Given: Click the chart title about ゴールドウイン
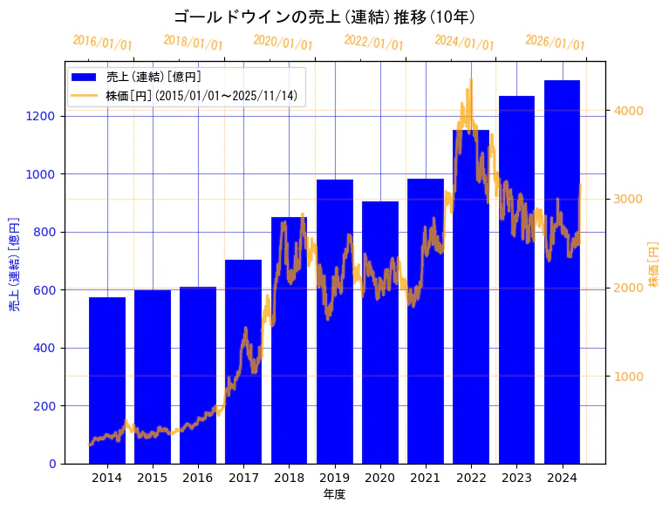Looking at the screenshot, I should point(324,17).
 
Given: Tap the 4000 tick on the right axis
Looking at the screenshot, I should point(629,111).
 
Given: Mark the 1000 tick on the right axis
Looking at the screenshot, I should point(629,377).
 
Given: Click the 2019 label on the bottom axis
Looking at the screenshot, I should point(335,478).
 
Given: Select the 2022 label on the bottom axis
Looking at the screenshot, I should point(471,478).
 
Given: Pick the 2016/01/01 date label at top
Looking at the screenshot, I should point(103,43).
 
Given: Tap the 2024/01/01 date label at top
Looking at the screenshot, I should point(465,43).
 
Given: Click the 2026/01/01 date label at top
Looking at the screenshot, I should point(556,43).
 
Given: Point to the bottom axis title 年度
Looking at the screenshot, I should point(334,494).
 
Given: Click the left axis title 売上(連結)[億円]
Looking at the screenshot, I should point(14,265).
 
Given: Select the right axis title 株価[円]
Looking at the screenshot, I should point(654,264).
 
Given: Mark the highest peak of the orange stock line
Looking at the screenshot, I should point(471,80).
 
